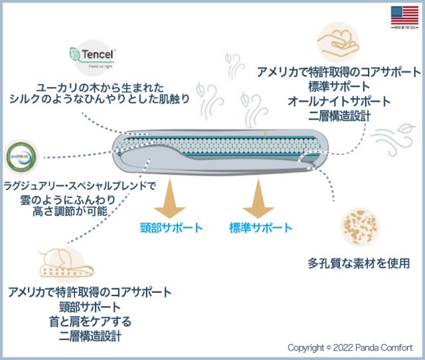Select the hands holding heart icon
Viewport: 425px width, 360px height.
[339, 41]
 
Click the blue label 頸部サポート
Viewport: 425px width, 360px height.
[171, 228]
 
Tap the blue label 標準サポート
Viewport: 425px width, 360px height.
[260, 228]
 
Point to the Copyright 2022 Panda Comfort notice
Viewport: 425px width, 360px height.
[350, 347]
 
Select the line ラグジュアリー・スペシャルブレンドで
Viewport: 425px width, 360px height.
[80, 185]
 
